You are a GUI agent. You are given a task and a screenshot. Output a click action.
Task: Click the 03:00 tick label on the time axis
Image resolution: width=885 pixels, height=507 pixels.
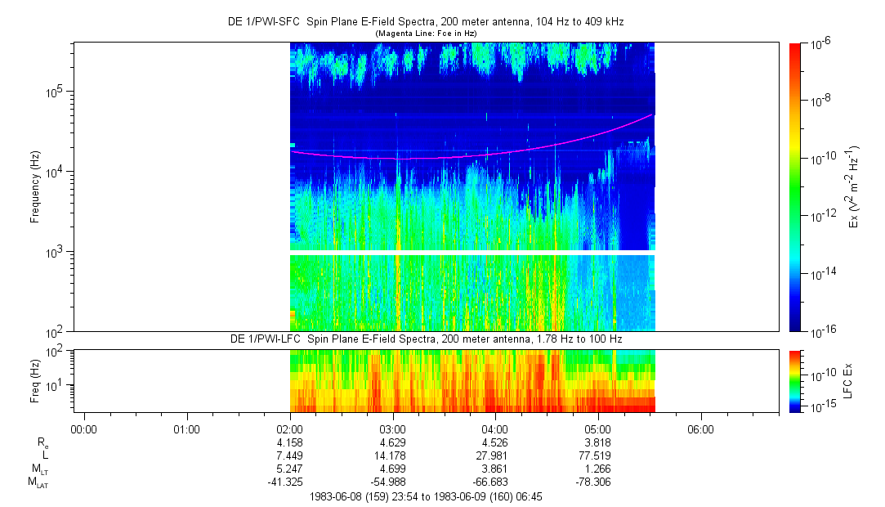click(392, 428)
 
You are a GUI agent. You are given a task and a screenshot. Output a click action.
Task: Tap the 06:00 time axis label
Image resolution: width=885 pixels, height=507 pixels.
click(700, 428)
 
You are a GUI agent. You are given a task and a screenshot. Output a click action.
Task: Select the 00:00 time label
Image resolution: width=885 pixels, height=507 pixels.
click(84, 428)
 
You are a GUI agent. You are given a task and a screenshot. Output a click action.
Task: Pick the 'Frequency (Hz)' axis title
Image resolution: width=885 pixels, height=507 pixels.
click(35, 187)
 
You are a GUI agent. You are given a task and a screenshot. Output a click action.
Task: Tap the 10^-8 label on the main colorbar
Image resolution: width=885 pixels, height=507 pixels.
click(820, 99)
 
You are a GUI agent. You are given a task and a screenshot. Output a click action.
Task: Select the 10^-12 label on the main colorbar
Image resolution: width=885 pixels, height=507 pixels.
click(821, 215)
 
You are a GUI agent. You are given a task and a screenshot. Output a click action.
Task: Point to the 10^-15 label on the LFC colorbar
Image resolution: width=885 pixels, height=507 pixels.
click(821, 406)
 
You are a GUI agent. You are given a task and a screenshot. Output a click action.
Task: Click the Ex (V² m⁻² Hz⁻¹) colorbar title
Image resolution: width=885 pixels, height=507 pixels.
click(853, 187)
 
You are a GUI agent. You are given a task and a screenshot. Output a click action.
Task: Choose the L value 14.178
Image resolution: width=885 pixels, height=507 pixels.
click(392, 455)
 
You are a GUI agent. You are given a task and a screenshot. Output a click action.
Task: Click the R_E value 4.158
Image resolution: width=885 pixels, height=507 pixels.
click(290, 442)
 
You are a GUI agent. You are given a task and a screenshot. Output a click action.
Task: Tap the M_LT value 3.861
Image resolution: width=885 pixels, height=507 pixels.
click(495, 469)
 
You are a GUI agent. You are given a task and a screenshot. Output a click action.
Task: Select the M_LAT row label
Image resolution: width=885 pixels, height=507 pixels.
click(37, 482)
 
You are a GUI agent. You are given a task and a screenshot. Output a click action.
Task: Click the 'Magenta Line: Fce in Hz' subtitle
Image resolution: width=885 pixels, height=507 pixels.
click(425, 33)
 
